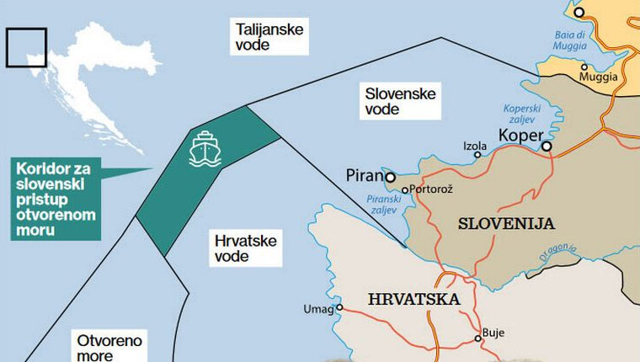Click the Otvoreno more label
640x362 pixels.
[x=109, y=348]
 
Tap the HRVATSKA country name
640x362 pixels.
[x=413, y=299]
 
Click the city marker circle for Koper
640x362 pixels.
[x=547, y=147]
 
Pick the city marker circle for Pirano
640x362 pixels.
[x=391, y=177]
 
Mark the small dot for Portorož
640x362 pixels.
[x=405, y=190]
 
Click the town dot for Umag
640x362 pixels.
[x=339, y=308]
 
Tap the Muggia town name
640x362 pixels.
[x=599, y=77]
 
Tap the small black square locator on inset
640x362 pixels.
[x=26, y=46]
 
